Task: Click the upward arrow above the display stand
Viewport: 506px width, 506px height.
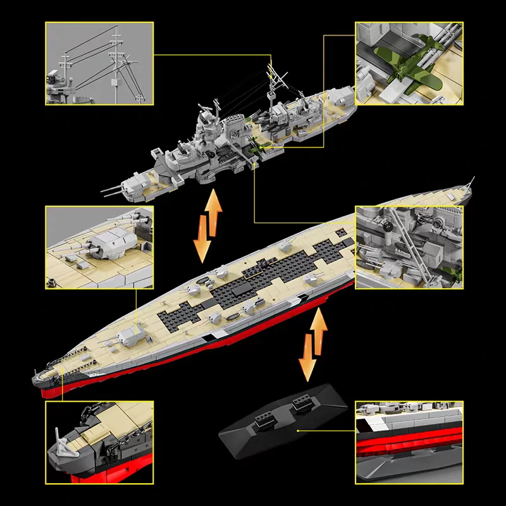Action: (x=319, y=330)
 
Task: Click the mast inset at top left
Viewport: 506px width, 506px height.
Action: (x=99, y=63)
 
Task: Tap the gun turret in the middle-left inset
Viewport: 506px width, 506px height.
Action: (x=111, y=243)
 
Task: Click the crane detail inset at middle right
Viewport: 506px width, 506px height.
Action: (x=408, y=247)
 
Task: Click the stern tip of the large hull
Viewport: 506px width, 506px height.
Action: (x=469, y=183)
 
